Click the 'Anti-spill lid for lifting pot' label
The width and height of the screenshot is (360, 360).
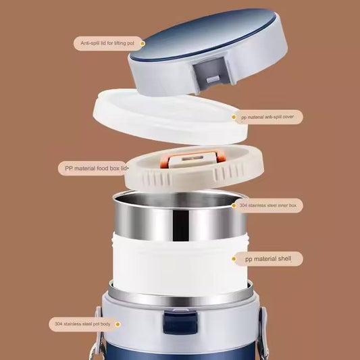click(x=107, y=44)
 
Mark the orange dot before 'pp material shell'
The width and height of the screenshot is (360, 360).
click(x=236, y=258)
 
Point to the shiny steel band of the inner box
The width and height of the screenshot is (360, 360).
click(x=179, y=220)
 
